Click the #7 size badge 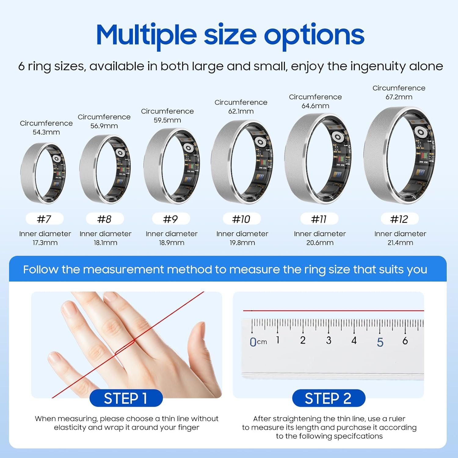44,219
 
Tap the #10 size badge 241,219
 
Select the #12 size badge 399,219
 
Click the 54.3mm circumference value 46,132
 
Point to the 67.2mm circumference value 399,97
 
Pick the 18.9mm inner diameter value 172,243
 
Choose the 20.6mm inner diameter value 320,243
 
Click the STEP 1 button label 126,398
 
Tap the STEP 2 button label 328,398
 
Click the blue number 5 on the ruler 380,342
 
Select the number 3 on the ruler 329,340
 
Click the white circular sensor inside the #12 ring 420,133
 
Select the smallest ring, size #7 43,173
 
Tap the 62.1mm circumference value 241,111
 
